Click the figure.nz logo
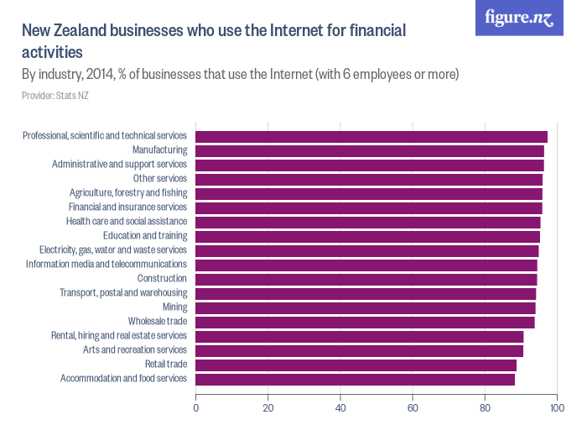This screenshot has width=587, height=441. [519, 18]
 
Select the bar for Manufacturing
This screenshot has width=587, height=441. [369, 151]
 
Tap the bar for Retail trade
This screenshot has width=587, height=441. [356, 365]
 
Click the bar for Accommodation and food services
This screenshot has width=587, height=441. [355, 379]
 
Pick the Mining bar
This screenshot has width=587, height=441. [365, 307]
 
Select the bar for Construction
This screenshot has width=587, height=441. [366, 279]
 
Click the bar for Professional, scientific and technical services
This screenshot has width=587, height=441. [371, 137]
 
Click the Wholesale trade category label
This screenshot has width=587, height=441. [157, 322]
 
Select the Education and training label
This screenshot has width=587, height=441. [144, 236]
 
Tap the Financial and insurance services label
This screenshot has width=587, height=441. [127, 207]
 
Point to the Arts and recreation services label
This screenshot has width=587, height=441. [134, 350]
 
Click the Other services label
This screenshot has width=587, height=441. [159, 179]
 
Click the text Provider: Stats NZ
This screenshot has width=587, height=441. [55, 96]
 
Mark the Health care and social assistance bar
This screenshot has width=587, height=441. [367, 222]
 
